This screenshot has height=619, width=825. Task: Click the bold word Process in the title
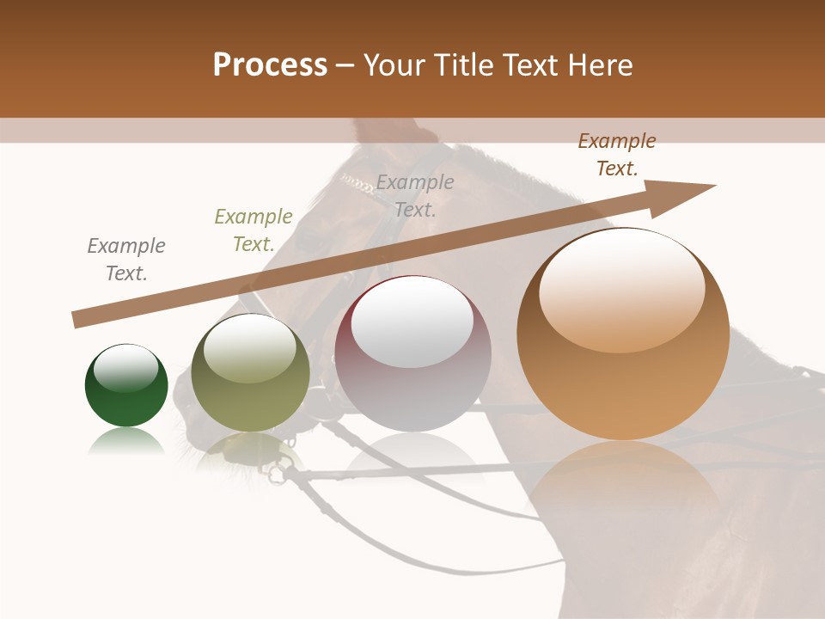point(270,65)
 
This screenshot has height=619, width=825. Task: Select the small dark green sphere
point(126,387)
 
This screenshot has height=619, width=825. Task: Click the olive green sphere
point(250,374)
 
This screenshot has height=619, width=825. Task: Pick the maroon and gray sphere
point(412,354)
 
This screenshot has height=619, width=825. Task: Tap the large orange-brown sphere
point(623,335)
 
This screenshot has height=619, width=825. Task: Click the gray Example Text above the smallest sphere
point(126,260)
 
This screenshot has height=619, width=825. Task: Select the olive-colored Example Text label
point(254,230)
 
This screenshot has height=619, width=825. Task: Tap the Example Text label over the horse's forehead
point(415,195)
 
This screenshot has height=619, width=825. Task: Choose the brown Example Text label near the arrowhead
point(617,155)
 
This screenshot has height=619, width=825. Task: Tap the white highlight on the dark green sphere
point(125,368)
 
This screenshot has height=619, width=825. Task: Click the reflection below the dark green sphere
point(126,443)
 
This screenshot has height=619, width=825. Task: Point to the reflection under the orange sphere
point(623,490)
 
